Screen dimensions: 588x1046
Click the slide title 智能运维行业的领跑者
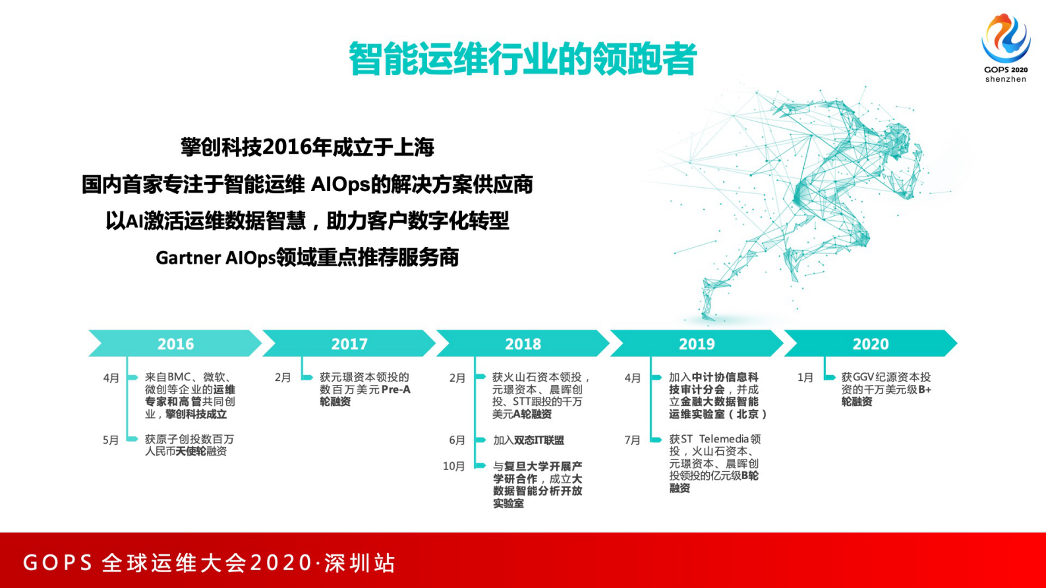[522, 59]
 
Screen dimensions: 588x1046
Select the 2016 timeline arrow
[175, 343]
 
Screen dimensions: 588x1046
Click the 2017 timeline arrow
[349, 343]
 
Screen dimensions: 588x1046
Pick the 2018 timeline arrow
[523, 343]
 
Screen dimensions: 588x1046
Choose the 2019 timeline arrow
[697, 343]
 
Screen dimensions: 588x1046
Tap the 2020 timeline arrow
[870, 343]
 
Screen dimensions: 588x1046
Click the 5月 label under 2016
[111, 440]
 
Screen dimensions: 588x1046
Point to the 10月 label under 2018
[453, 466]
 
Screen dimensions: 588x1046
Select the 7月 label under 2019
[632, 440]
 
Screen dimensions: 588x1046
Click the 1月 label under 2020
[805, 378]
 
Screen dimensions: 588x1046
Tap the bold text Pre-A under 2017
[395, 390]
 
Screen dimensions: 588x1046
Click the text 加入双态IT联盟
[529, 440]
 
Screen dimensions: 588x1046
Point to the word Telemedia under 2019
[724, 439]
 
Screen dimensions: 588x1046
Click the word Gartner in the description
[188, 258]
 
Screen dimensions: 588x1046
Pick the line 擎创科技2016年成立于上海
[307, 147]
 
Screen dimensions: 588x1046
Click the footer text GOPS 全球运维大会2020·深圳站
[210, 563]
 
